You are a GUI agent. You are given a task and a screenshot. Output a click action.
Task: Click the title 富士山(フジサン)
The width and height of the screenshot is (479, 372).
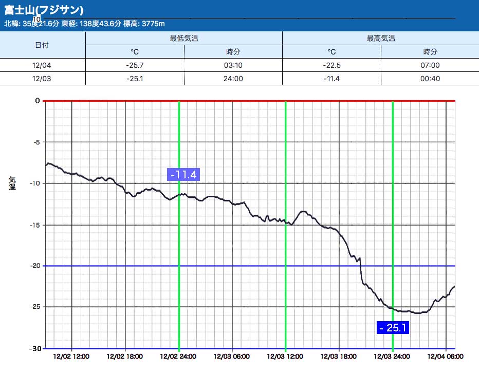pyautogui.click(x=44, y=10)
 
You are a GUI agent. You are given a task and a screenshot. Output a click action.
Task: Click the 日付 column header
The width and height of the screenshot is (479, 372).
pyautogui.click(x=42, y=45)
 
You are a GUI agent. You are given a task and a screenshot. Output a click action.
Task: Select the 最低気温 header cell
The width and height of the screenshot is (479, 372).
pyautogui.click(x=184, y=39)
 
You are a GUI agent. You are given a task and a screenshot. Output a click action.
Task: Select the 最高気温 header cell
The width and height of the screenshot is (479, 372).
pyautogui.click(x=381, y=39)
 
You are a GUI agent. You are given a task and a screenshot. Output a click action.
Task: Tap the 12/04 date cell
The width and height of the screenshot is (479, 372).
pyautogui.click(x=42, y=65)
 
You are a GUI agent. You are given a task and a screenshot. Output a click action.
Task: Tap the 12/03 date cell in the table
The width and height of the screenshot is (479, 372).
pyautogui.click(x=42, y=79)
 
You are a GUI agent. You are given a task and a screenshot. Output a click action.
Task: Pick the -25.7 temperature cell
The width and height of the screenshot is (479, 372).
pyautogui.click(x=135, y=65)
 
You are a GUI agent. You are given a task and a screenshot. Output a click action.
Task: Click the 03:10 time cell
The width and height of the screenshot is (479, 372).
pyautogui.click(x=233, y=65)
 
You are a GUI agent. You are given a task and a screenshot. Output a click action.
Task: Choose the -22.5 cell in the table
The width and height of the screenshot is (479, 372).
pyautogui.click(x=332, y=65)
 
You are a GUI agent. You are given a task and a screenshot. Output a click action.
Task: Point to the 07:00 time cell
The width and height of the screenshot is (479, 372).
pyautogui.click(x=431, y=65)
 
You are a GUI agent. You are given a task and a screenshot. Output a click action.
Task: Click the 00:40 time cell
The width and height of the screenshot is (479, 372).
pyautogui.click(x=431, y=79)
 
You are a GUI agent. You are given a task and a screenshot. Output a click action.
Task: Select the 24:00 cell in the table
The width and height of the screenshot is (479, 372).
pyautogui.click(x=233, y=79)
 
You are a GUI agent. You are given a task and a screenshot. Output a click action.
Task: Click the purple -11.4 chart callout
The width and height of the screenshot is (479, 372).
pyautogui.click(x=183, y=175)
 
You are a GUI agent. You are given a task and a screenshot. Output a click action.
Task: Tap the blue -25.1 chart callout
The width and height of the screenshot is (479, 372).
pyautogui.click(x=393, y=327)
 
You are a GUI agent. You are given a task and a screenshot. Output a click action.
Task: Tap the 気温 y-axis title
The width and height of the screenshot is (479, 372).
pyautogui.click(x=12, y=182)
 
